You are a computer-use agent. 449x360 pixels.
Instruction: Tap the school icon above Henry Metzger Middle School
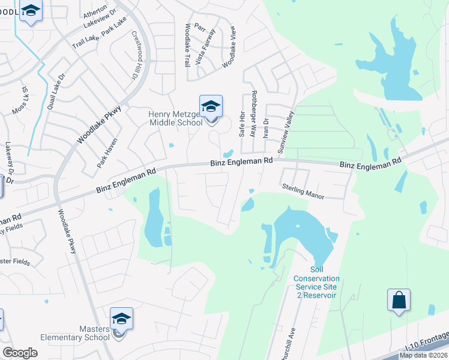[x=211, y=107]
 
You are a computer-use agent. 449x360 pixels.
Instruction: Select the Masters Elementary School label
[x=75, y=333]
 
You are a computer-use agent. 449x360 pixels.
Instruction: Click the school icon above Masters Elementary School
[x=121, y=319]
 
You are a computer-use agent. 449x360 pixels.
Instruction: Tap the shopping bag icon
[x=399, y=300]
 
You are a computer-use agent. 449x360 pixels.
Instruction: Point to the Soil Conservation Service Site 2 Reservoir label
[x=316, y=283]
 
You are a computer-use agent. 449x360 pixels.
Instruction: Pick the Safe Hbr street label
[x=243, y=124]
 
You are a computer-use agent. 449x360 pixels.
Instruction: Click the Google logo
[x=20, y=353]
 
